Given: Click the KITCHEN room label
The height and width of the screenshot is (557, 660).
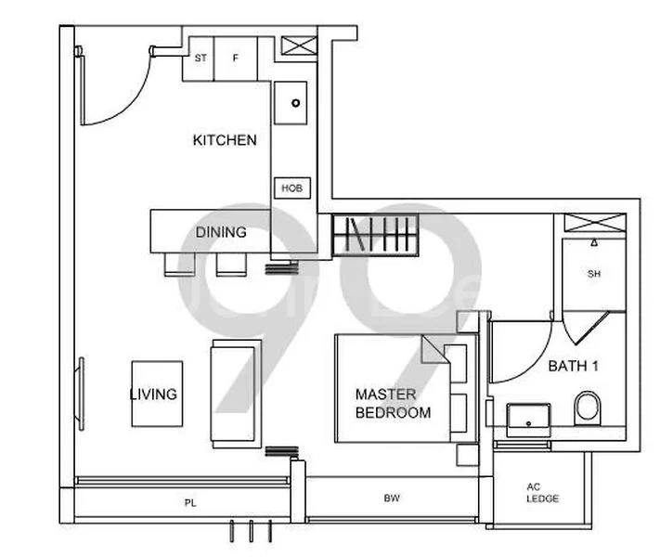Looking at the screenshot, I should [x=224, y=140].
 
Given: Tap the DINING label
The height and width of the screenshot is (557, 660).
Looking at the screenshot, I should [x=221, y=232].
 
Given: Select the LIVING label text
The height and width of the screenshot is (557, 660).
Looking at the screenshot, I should [x=153, y=394].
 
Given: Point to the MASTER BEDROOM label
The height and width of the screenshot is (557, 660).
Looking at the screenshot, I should [x=393, y=403].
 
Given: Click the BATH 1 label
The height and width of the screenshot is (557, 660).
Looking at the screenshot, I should [x=573, y=366].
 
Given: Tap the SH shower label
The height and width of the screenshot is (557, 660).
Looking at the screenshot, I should [x=595, y=274].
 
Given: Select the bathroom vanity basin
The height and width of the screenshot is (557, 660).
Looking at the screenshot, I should [x=527, y=419].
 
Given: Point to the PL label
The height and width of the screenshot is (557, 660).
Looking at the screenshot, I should [x=189, y=502].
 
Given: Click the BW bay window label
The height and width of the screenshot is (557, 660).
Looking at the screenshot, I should [x=392, y=499].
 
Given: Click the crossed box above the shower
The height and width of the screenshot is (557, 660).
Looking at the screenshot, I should [x=596, y=223].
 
